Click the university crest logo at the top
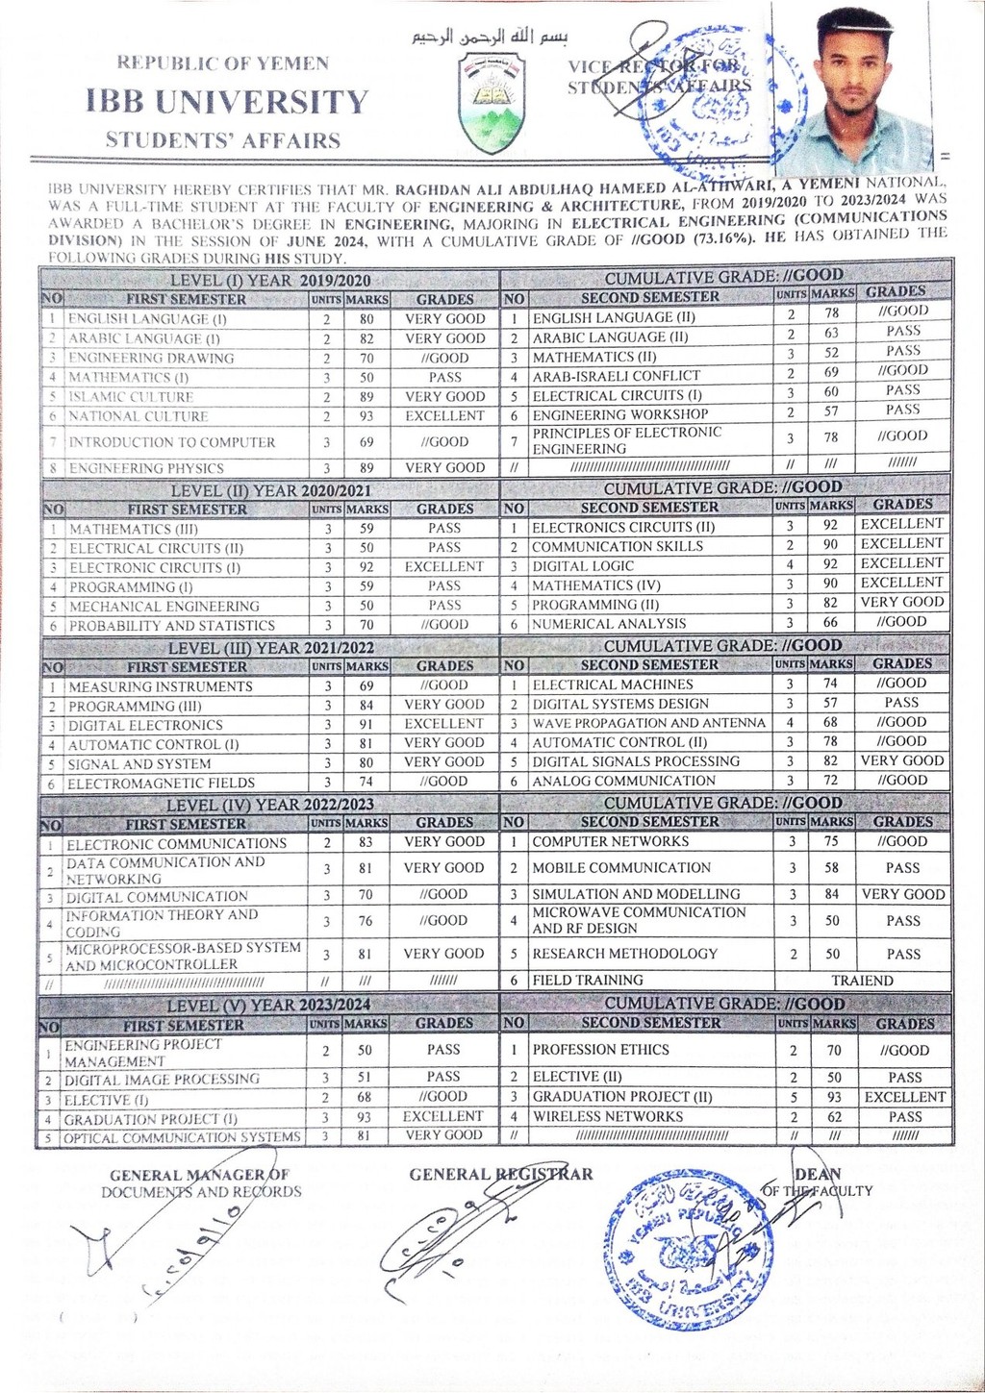pos(492,103)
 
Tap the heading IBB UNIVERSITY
pos(227,102)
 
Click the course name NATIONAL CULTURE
pos(139,416)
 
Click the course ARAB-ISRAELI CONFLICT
pos(617,376)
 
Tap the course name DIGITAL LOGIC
pos(583,566)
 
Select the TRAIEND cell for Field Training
pos(862,981)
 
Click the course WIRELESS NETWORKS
pos(608,1117)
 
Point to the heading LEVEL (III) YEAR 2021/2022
pos(271,648)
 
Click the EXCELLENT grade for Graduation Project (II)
pos(904,1097)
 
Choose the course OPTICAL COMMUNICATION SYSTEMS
pos(183,1138)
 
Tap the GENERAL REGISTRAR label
pos(501,1174)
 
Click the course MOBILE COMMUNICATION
pos(621,867)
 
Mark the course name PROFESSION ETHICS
pos(601,1050)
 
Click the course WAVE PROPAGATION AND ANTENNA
pos(649,723)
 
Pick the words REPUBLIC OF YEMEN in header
pos(223,63)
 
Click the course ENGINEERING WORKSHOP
pos(620,414)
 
